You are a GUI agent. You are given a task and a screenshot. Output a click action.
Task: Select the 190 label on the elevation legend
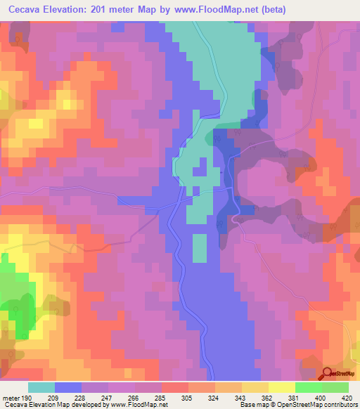26,397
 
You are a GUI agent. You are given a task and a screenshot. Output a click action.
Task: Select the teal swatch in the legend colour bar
41,387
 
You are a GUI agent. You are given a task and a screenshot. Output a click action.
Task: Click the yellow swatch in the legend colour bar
281,387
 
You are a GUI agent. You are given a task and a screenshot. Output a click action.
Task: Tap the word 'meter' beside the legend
10,397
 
